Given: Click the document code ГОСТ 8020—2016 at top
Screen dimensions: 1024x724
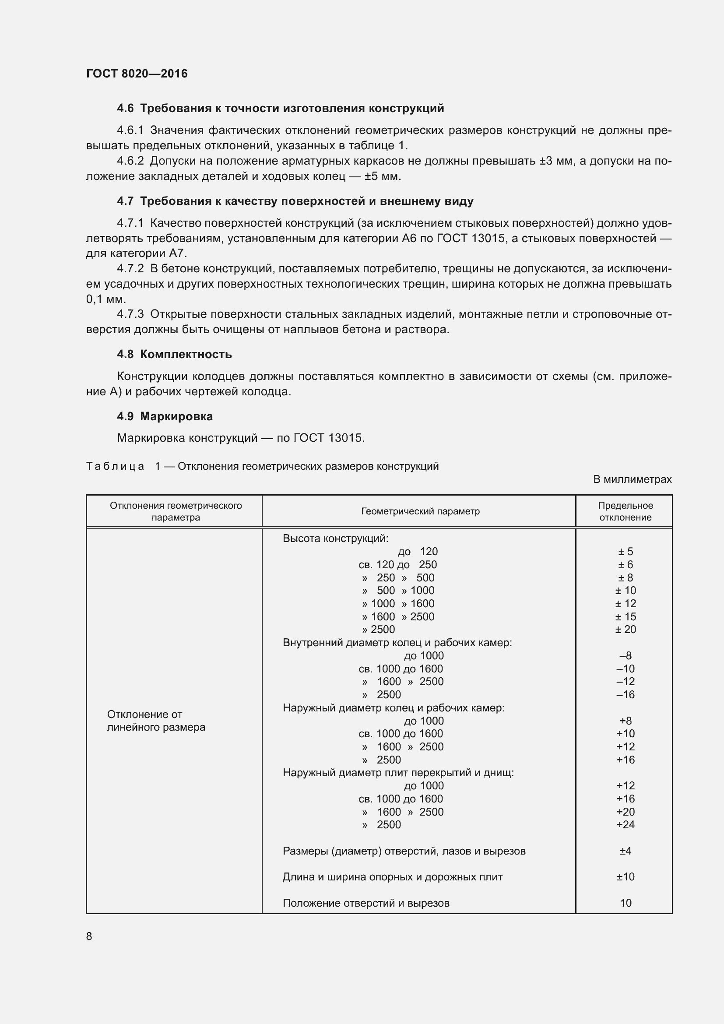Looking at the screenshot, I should [137, 74].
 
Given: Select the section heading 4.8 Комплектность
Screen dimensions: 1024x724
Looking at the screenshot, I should [174, 354].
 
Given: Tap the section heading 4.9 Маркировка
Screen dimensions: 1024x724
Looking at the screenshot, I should [165, 416].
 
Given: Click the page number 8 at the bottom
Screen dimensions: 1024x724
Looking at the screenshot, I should [89, 936].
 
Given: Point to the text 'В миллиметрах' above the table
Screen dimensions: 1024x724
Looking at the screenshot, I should [632, 479].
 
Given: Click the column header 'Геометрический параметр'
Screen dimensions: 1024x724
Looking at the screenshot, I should [420, 511].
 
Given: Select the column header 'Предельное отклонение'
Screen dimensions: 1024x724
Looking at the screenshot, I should [625, 511].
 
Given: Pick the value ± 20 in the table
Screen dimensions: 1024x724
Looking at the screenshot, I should [625, 629].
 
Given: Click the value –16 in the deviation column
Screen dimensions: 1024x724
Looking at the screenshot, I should [625, 694].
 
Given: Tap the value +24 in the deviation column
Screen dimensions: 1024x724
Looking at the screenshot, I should [625, 824].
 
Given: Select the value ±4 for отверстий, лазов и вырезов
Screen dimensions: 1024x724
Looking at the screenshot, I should [625, 851].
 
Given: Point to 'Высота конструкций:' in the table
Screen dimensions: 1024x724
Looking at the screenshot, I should [336, 538].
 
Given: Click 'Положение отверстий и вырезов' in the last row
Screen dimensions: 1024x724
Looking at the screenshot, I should [366, 903].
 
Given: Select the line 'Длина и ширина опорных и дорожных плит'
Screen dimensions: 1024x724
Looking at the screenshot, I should [392, 877].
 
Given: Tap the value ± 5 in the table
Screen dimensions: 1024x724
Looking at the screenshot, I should [625, 552].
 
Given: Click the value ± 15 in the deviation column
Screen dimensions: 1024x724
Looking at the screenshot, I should [625, 616].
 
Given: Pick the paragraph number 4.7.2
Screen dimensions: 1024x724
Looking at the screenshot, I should [130, 268].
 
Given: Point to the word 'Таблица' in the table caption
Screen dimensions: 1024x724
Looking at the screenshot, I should [115, 467].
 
